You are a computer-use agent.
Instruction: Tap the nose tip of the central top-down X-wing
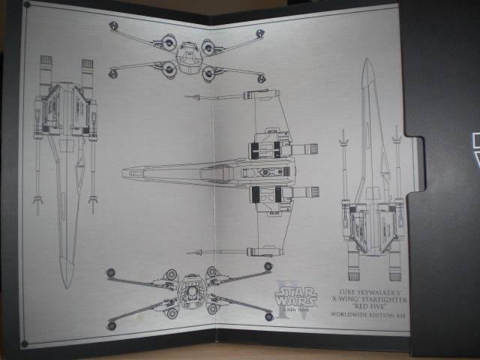(x=124, y=173)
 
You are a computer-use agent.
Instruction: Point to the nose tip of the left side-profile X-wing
(x=66, y=286)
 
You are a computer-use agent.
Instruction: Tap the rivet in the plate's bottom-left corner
(x=25, y=343)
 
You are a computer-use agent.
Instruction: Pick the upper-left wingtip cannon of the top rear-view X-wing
(x=113, y=26)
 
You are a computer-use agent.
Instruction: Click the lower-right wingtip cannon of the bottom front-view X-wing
(x=268, y=316)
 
